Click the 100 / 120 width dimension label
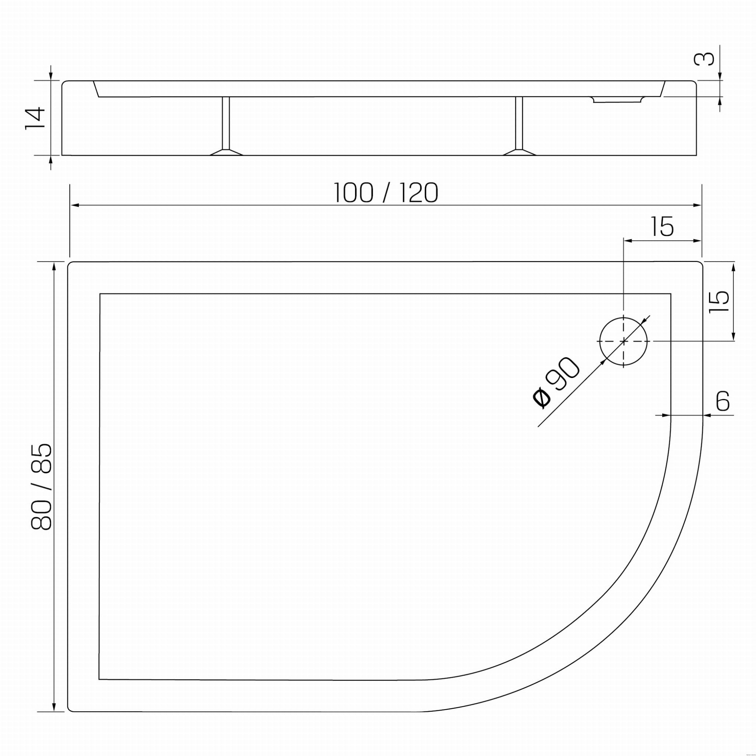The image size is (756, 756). [386, 193]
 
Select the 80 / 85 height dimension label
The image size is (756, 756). [41, 487]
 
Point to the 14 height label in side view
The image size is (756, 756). [35, 118]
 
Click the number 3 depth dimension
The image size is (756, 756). [704, 59]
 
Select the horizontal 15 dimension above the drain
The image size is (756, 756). [663, 227]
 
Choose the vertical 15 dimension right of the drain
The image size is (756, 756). [719, 301]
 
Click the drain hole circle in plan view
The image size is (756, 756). [624, 341]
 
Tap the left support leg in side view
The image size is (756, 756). [226, 126]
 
